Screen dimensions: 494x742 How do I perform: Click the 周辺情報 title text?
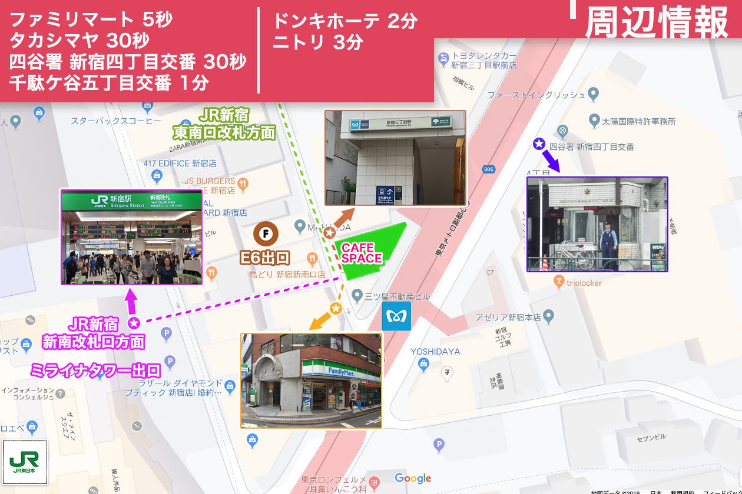click(657, 22)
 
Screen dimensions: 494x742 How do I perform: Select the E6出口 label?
click(265, 257)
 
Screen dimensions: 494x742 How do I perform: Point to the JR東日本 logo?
click(25, 462)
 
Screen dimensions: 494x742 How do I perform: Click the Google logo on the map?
click(413, 478)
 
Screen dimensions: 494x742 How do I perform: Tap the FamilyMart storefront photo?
click(311, 380)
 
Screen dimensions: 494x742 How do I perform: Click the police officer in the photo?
click(606, 245)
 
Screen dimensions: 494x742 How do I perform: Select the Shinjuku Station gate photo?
click(131, 237)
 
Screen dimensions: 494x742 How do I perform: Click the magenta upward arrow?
click(131, 301)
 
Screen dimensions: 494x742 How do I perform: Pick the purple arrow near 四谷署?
click(551, 159)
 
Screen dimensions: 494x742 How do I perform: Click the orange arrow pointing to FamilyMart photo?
click(320, 321)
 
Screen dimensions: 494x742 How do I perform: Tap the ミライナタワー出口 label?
click(95, 370)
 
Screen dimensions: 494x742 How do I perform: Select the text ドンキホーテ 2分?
click(344, 21)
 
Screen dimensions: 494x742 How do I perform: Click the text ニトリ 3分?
click(317, 42)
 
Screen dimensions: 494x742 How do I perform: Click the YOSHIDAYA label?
click(436, 352)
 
